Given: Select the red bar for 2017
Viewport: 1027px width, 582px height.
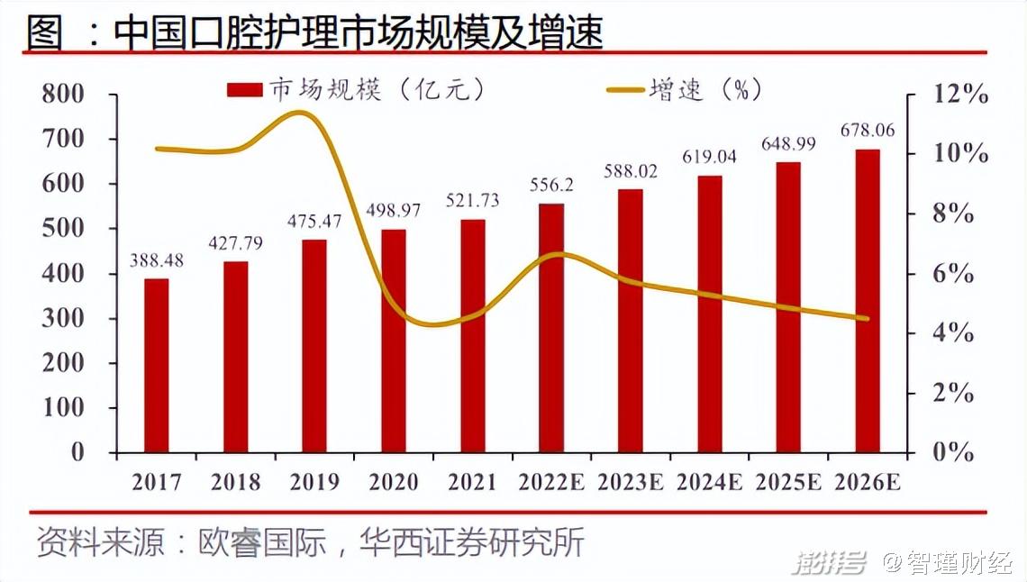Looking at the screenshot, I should [x=157, y=365].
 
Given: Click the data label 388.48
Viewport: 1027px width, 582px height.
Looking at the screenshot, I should [x=158, y=260].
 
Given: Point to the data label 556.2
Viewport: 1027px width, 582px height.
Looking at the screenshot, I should [x=551, y=186].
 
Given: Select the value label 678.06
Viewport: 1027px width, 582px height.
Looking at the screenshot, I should [x=868, y=131].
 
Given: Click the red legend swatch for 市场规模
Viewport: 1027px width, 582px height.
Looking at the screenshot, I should [x=243, y=89].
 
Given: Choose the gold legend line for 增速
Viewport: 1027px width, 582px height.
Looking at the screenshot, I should [x=626, y=89].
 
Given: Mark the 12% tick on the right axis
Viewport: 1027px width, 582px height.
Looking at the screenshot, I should [x=959, y=95].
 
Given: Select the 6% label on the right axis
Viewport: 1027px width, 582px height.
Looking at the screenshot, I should [x=953, y=274].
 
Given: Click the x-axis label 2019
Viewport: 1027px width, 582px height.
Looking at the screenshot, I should [x=315, y=482].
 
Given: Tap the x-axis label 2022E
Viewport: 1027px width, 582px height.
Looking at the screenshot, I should [x=551, y=482].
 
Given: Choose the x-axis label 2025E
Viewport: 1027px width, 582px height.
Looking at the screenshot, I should [x=788, y=482].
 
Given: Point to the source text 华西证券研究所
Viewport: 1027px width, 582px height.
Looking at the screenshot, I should [x=471, y=542].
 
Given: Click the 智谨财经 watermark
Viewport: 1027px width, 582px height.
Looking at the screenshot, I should [x=958, y=564].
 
